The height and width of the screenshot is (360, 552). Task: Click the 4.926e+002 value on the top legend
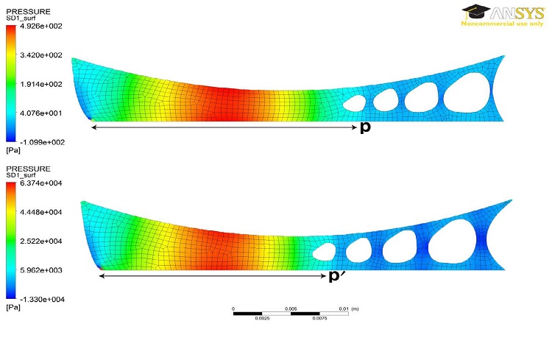click(40, 27)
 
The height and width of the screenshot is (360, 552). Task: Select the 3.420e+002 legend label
click(40, 55)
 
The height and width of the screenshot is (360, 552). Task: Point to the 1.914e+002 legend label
click(40, 84)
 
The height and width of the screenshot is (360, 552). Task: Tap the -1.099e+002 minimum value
click(42, 142)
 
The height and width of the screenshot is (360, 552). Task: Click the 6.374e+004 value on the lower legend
click(40, 183)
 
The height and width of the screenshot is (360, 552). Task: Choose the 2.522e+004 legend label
click(40, 241)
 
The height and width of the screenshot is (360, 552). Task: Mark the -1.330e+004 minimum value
click(42, 300)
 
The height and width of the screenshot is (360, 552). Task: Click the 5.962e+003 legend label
click(40, 270)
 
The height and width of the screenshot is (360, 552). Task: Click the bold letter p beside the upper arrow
click(365, 127)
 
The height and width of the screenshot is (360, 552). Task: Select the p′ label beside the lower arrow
click(336, 275)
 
